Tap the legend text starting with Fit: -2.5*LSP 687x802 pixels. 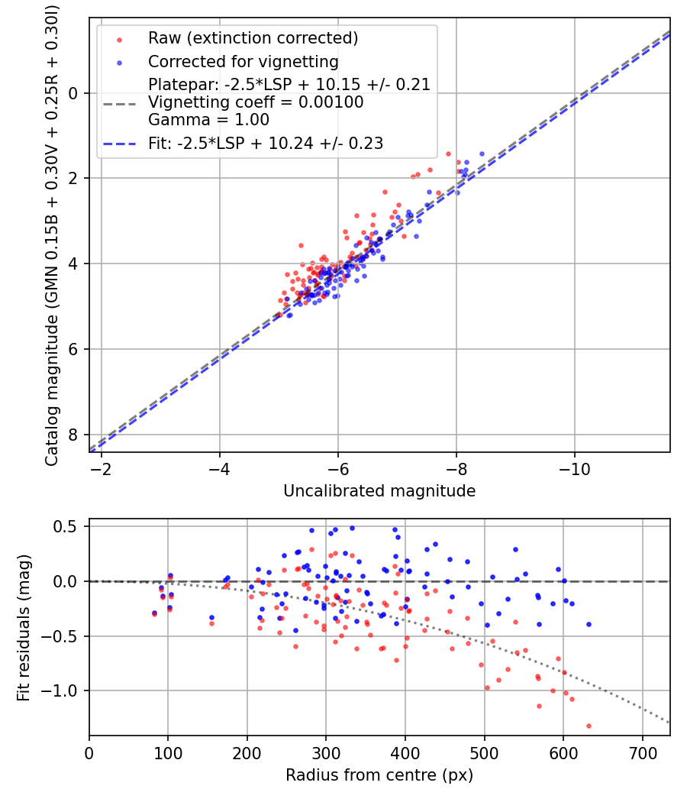click(266, 143)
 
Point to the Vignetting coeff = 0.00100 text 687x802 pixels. click(256, 102)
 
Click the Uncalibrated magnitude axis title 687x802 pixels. click(379, 491)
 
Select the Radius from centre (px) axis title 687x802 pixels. click(379, 775)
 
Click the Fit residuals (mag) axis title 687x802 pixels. click(24, 628)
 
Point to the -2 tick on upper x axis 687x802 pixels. click(101, 468)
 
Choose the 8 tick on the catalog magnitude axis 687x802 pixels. click(74, 435)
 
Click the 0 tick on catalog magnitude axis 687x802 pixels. click(74, 93)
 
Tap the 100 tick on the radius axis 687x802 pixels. click(168, 752)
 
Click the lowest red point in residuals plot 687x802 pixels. click(589, 726)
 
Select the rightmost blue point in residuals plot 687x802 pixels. click(589, 624)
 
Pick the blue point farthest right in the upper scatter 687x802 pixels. click(482, 154)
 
